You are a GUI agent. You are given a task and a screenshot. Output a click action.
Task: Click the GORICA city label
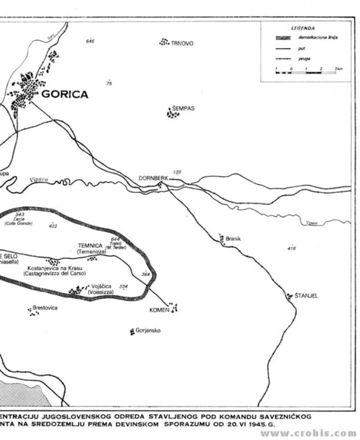[x=65, y=95]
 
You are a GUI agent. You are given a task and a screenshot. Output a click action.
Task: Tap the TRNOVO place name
[x=182, y=43]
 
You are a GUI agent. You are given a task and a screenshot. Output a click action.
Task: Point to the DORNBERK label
[x=153, y=178]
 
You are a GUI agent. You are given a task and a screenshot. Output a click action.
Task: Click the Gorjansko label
[x=148, y=330]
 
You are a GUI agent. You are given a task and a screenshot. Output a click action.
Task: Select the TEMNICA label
[x=90, y=246]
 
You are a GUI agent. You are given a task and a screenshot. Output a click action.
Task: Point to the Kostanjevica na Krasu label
[x=55, y=268]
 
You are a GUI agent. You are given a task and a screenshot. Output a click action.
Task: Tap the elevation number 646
[x=90, y=42]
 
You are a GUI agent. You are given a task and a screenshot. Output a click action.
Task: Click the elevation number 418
[x=291, y=248]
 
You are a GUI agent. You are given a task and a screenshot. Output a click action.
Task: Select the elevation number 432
[x=53, y=226]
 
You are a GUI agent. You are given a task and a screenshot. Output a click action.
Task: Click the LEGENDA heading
[x=303, y=28]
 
